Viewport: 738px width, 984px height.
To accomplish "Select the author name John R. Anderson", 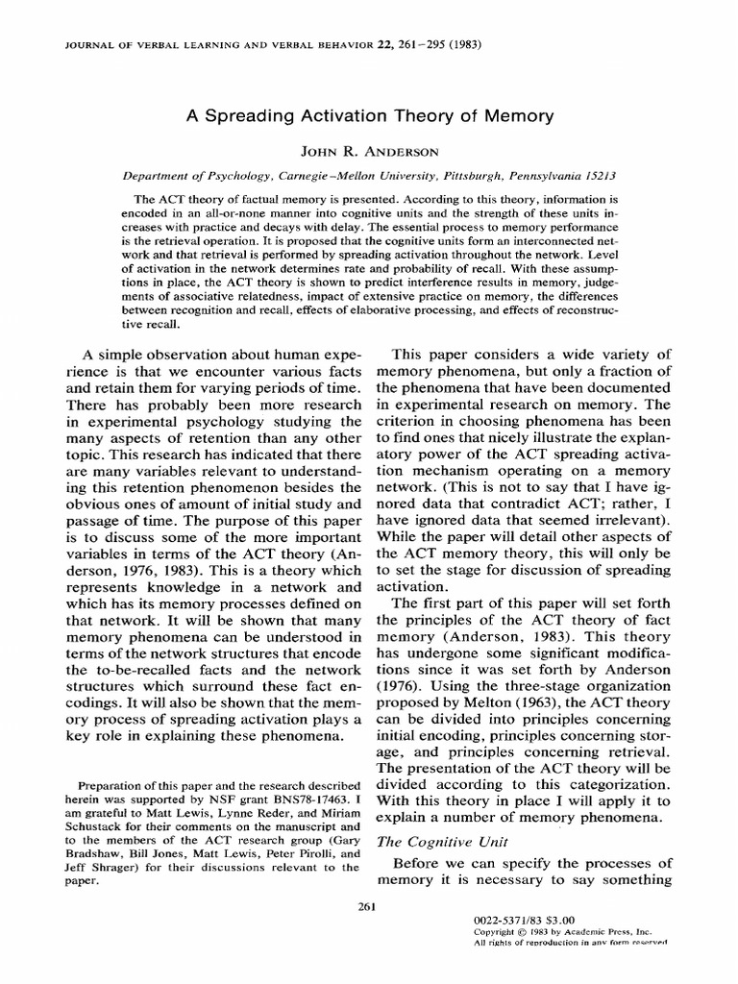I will pyautogui.click(x=370, y=153).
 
